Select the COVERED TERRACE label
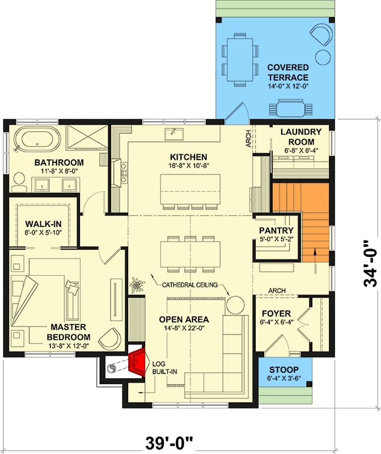point(288,73)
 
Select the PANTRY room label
point(276,230)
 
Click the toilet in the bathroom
point(19,180)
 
